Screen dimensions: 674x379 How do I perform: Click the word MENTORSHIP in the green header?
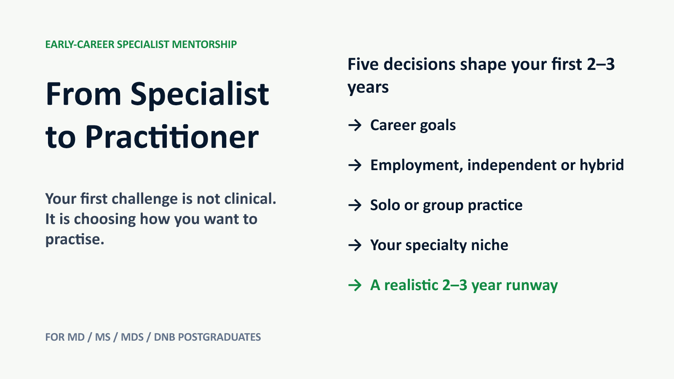tap(204, 45)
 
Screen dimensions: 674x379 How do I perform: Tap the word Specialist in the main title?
tap(200, 94)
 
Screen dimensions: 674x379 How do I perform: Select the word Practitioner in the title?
tap(172, 137)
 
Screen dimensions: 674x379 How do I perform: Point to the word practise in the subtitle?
tap(75, 240)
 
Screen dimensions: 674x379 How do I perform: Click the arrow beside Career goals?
tap(355, 125)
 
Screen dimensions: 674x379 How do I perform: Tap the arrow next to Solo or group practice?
tap(355, 205)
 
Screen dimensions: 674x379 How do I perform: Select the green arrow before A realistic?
tap(355, 285)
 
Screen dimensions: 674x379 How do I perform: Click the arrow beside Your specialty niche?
tap(355, 245)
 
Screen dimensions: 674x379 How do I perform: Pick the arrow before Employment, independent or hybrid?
tap(355, 165)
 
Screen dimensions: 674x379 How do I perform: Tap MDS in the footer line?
tap(132, 337)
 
